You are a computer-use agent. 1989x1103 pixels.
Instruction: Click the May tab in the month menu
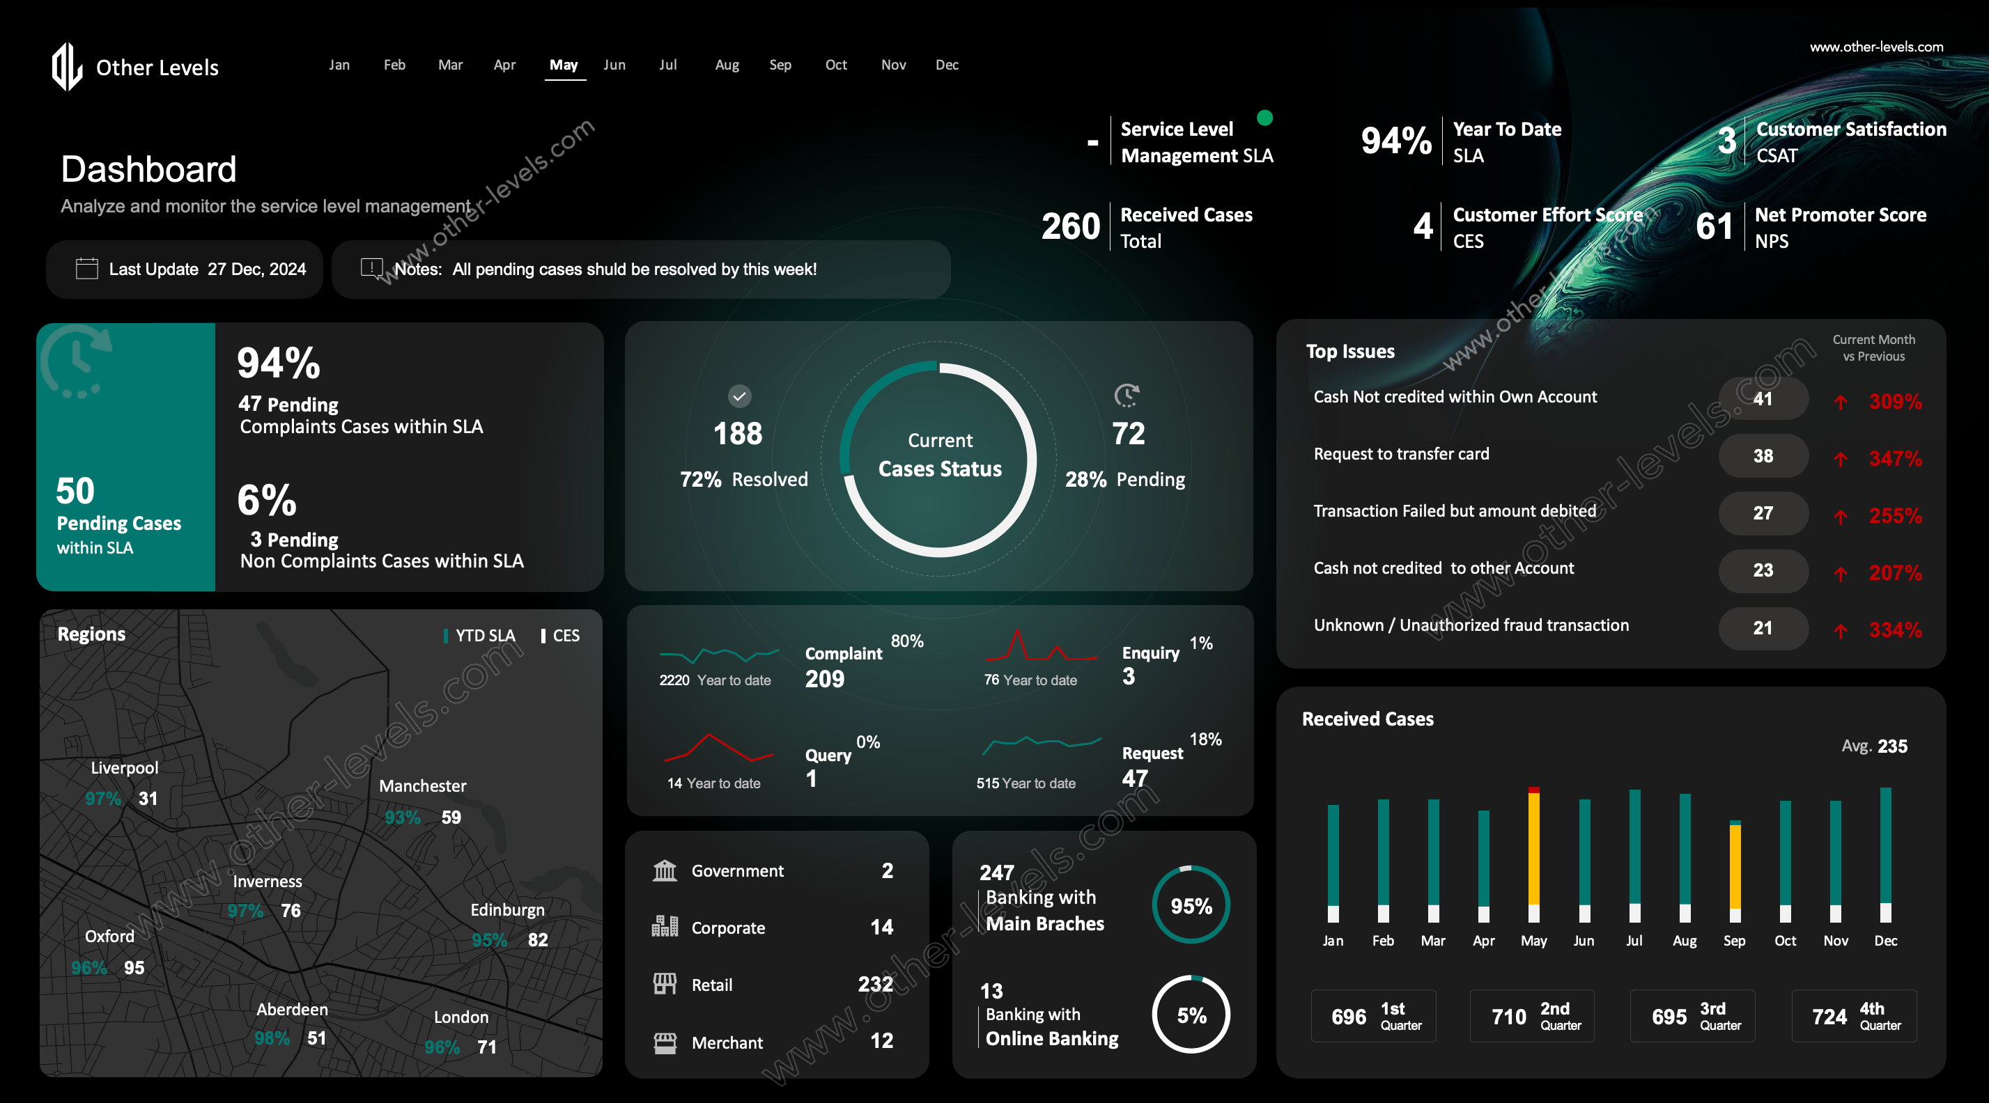point(564,65)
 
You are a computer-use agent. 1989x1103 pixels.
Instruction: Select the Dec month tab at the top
point(947,65)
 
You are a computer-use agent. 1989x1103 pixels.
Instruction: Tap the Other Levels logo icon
point(67,66)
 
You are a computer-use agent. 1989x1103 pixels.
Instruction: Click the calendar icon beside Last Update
point(86,269)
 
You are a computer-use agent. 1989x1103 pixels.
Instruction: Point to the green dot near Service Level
point(1264,117)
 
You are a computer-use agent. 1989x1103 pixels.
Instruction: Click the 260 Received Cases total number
point(1070,227)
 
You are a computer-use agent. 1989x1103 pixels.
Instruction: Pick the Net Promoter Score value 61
point(1714,227)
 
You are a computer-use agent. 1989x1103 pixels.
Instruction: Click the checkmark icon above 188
point(740,396)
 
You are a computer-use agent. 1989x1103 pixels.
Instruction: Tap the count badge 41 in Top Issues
point(1763,399)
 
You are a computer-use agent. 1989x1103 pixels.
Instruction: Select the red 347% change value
point(1895,458)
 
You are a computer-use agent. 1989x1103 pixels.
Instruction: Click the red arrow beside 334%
point(1841,631)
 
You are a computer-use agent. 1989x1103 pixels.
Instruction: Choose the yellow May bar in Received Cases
point(1533,849)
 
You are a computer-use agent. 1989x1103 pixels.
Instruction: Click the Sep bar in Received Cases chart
point(1735,864)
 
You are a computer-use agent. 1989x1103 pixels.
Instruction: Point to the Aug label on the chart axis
point(1684,941)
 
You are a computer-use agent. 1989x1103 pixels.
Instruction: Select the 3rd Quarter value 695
point(1669,1017)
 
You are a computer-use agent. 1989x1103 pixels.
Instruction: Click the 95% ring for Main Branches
point(1191,905)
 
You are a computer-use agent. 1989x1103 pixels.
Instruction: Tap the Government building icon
point(665,870)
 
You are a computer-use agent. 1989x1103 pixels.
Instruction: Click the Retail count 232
point(875,984)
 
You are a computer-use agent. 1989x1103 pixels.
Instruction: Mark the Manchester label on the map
point(422,785)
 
